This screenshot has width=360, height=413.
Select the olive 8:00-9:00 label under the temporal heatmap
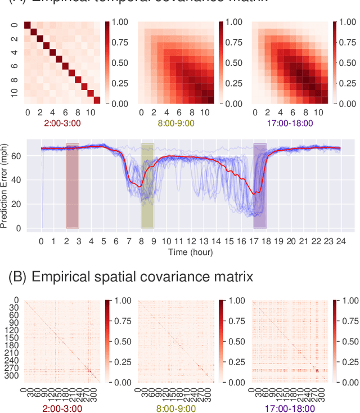pos(177,123)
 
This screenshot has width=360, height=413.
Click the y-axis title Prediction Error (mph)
pos(5,185)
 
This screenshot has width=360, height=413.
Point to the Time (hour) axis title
pos(191,252)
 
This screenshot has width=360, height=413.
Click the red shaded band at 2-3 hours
pos(73,186)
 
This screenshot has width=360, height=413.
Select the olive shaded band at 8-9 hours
pos(147,186)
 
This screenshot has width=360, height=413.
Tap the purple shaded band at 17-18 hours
pos(259,186)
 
